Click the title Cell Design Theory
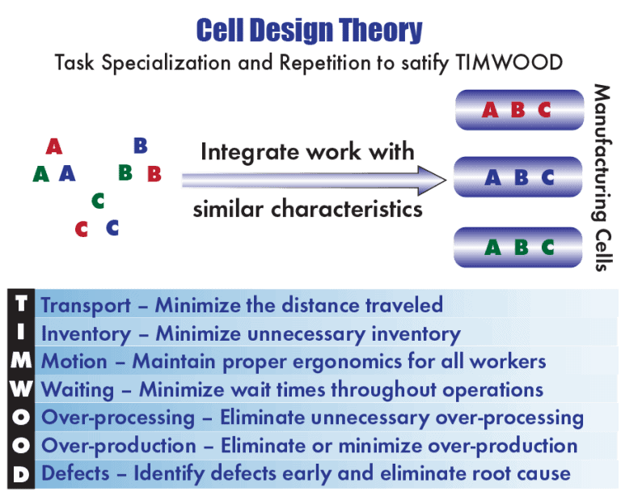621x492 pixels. tap(310, 30)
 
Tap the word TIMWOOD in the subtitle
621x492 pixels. tap(509, 62)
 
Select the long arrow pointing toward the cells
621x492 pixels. tap(314, 180)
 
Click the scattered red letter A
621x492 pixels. tap(54, 146)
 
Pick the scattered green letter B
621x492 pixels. tap(125, 172)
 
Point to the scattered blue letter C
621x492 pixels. tap(112, 228)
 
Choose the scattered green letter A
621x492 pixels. tap(40, 174)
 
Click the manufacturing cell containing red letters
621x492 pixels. tap(520, 110)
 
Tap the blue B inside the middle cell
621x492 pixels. tap(522, 177)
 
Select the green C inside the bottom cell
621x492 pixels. tap(547, 248)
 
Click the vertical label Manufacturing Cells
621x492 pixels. tap(602, 177)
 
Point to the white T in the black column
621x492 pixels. tap(21, 303)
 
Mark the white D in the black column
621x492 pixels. tap(21, 474)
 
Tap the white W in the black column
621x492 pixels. tap(21, 388)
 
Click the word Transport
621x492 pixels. tap(86, 306)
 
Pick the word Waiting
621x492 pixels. tap(78, 390)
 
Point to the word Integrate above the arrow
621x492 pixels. tap(250, 153)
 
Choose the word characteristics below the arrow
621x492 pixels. tap(347, 209)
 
